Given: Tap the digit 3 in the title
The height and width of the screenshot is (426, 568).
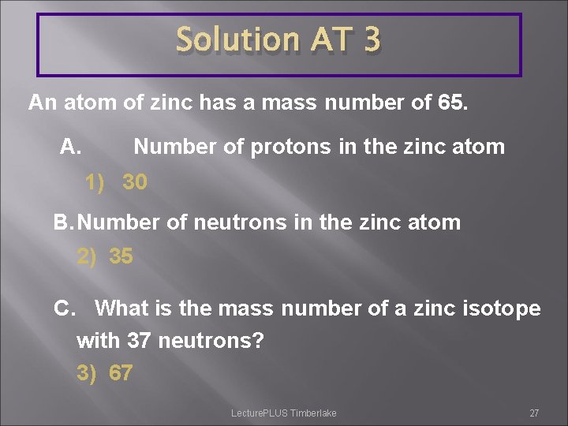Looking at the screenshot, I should (x=372, y=40).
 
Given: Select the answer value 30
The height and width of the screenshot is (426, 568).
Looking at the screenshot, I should (x=134, y=183).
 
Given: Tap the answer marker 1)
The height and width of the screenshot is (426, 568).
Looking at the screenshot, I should (x=95, y=183).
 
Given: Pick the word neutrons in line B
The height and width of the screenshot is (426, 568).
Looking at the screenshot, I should (x=240, y=222).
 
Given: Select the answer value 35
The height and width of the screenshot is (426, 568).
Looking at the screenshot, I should (x=121, y=257).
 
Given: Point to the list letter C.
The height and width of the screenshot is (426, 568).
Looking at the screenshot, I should (x=65, y=308).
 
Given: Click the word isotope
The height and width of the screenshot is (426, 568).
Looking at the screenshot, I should (x=496, y=308).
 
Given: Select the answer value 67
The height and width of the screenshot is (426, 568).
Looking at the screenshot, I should (x=121, y=372).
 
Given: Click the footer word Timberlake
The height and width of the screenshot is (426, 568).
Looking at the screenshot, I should (x=313, y=413).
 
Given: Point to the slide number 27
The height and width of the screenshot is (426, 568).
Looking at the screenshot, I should (x=534, y=413).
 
